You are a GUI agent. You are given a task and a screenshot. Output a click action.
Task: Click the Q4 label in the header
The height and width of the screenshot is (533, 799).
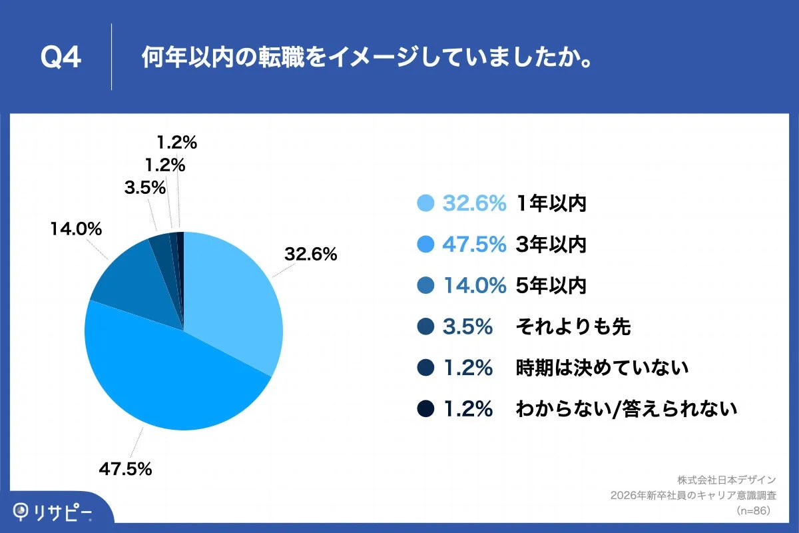pos(61,58)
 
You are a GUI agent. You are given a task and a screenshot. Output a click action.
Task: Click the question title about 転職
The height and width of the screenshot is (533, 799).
pos(367,58)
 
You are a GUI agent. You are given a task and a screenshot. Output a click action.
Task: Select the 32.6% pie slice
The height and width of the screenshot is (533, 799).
pos(233,300)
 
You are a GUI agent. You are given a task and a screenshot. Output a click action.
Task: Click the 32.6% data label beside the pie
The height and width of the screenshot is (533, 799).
pos(311,254)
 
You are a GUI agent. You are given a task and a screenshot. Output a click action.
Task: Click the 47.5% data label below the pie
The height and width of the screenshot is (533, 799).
pos(126,468)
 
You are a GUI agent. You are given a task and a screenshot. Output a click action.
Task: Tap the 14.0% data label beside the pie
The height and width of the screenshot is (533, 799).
pos(76,229)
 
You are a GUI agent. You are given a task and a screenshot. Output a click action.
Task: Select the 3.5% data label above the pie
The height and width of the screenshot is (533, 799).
pos(144,188)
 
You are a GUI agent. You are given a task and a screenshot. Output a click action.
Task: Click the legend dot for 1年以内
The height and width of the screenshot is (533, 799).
pos(425,204)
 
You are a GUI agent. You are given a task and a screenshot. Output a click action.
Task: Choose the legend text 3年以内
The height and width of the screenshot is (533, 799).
pos(551,245)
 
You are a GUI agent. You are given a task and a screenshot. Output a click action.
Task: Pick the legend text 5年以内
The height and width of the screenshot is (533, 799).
pos(551,286)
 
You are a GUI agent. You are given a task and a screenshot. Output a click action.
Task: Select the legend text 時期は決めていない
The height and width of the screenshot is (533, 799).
pos(602,368)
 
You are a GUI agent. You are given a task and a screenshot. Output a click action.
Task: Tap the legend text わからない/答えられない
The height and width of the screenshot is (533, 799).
pos(626,408)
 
